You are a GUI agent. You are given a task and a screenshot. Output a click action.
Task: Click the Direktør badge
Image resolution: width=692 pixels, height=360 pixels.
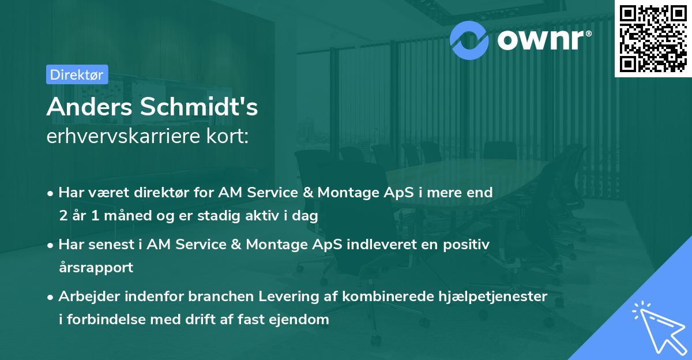[76, 74]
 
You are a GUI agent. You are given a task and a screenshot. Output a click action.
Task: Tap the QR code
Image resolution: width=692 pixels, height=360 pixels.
[653, 38]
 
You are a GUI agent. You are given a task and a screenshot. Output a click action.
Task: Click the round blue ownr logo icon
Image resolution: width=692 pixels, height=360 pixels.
[469, 39]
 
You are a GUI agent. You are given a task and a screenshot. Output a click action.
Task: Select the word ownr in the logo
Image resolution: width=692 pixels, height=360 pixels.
[543, 39]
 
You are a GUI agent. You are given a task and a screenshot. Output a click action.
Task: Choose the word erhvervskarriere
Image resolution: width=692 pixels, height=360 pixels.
[122, 137]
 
